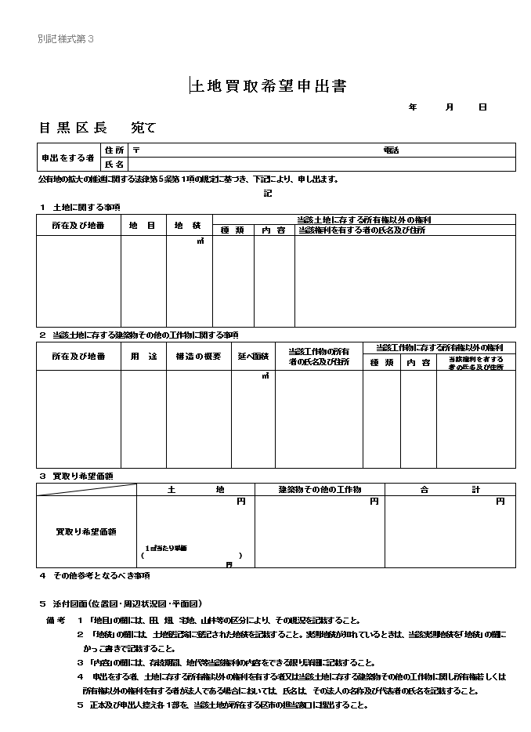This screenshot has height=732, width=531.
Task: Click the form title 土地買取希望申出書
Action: tap(269, 86)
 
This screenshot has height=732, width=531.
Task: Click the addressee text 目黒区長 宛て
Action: tap(97, 128)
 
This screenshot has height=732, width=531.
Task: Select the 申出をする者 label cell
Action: tap(69, 158)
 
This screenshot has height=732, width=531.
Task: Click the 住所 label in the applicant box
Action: tap(114, 150)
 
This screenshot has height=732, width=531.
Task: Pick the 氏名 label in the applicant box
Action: tap(114, 165)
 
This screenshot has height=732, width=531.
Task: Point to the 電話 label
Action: tap(391, 150)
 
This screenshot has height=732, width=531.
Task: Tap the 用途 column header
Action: tap(143, 357)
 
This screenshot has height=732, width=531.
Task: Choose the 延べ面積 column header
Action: tap(252, 357)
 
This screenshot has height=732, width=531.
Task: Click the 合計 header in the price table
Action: tap(450, 489)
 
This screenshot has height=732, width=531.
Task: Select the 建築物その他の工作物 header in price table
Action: tap(320, 489)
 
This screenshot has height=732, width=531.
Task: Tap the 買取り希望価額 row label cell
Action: tap(86, 532)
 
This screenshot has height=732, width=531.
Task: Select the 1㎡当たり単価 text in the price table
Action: tap(165, 547)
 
